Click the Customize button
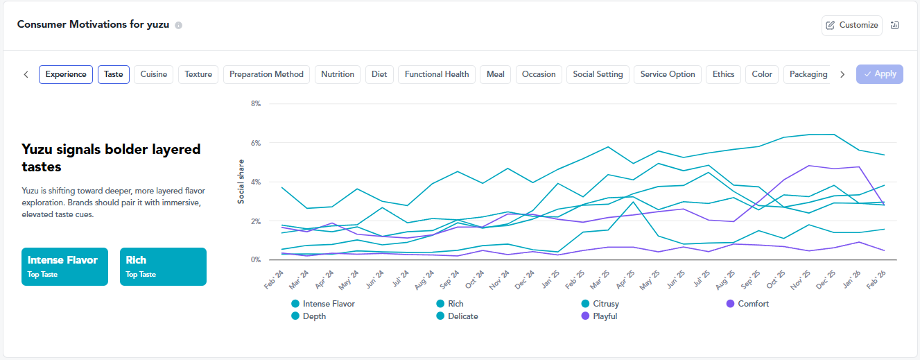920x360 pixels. pos(852,25)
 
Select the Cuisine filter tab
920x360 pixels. pos(154,74)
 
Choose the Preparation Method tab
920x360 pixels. pos(266,74)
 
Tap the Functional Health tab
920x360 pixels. pos(437,74)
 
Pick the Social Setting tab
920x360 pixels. pos(598,74)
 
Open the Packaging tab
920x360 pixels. pos(808,74)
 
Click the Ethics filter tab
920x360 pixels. pos(723,74)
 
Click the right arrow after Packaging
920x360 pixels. pos(842,74)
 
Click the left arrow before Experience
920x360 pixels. pos(26,74)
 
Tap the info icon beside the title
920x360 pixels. pos(178,25)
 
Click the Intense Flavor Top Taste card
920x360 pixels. pos(65,266)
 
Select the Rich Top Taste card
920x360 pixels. pos(163,266)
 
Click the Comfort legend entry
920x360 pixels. pos(747,304)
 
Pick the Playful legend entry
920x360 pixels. pos(599,316)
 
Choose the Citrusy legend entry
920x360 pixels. pos(600,304)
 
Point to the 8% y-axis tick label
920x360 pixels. pos(256,103)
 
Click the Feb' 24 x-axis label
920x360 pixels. pos(274,280)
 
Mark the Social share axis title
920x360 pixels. pos(241,182)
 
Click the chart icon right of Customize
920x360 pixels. pos(894,25)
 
